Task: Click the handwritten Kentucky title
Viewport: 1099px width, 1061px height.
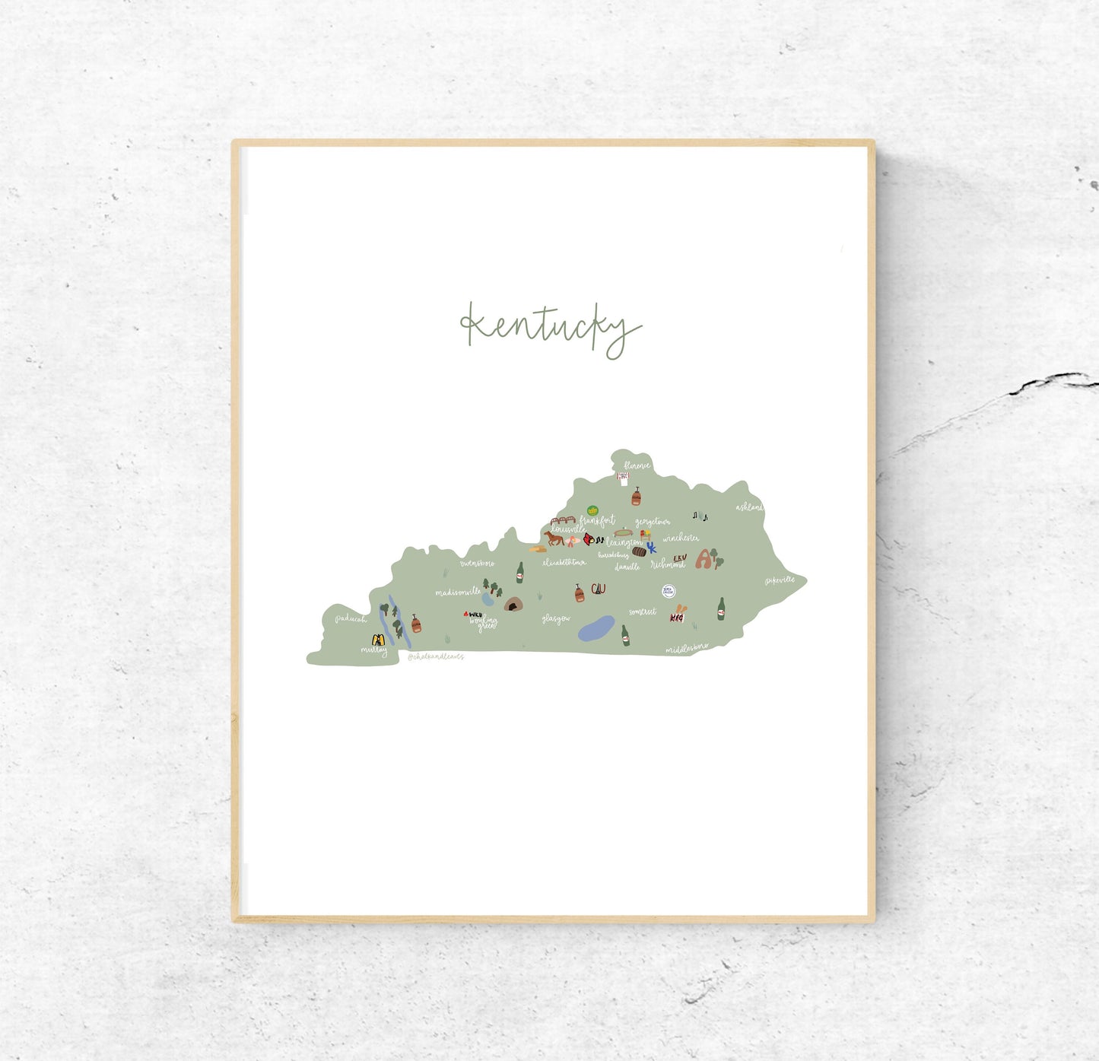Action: (550, 329)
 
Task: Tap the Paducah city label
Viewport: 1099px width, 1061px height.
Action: (351, 619)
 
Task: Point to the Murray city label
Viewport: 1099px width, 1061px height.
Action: (373, 651)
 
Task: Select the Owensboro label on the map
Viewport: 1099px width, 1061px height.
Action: (477, 564)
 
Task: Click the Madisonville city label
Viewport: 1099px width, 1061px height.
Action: (458, 592)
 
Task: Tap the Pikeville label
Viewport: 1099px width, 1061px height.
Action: (780, 580)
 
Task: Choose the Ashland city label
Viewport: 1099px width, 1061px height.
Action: (748, 507)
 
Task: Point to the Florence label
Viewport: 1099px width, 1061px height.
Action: (637, 465)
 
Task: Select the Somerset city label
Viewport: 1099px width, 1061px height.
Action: (643, 612)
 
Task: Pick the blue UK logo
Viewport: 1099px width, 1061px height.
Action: (651, 548)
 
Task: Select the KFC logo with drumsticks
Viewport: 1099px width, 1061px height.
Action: (677, 615)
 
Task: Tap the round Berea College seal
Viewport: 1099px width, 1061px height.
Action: (669, 591)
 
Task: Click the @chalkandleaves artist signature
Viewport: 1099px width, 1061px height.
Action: (435, 656)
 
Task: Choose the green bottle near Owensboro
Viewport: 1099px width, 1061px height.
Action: (520, 573)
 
